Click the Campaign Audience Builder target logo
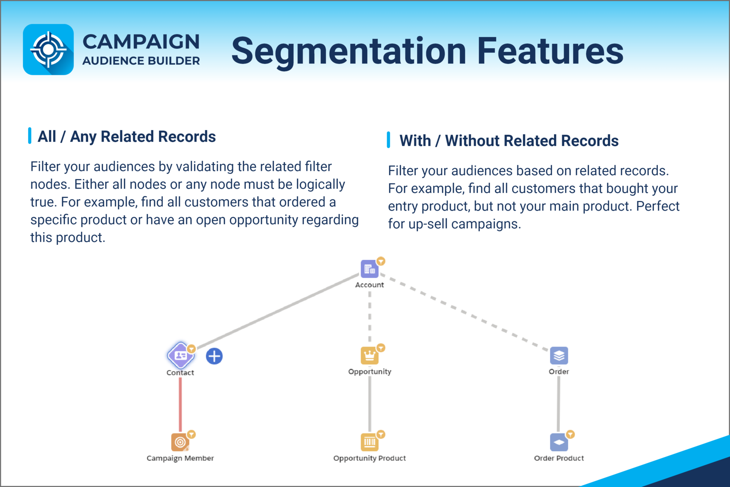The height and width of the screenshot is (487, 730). point(48,50)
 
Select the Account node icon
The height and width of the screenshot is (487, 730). point(369,269)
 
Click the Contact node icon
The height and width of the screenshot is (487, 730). point(181,355)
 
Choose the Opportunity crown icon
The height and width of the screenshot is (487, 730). point(369,356)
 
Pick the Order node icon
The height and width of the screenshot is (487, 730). point(559,356)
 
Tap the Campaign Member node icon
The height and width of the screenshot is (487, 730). point(180,442)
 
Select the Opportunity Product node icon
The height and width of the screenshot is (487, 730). point(369,442)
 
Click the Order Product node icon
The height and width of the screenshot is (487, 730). point(559,442)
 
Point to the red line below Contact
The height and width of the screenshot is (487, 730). point(180,405)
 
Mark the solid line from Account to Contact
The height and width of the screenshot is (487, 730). point(278,311)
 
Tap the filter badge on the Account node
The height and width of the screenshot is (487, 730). point(381,261)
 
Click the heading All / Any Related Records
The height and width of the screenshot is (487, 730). point(126,137)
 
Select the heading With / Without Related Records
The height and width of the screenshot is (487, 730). point(509,141)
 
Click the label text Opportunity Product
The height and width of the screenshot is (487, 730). point(369,458)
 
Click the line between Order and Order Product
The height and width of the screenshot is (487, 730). point(559,404)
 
